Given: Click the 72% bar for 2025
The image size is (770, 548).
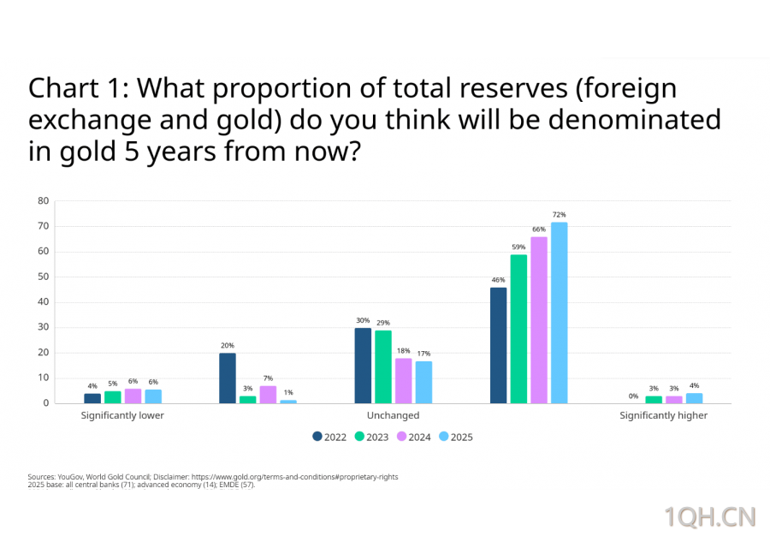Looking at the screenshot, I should (x=559, y=313).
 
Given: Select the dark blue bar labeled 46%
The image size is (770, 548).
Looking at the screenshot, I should (x=498, y=345).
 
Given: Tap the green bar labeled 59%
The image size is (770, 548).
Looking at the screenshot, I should (x=518, y=329).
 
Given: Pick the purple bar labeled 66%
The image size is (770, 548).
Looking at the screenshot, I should (x=539, y=320).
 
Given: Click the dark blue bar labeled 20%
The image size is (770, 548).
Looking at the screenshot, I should (x=227, y=378).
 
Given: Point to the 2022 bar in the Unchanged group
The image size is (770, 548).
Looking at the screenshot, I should (x=363, y=366).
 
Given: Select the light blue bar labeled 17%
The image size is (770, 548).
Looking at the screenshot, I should (x=423, y=382).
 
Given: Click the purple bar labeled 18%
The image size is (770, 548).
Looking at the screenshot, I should (x=403, y=380).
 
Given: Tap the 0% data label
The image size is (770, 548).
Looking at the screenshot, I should (x=633, y=396).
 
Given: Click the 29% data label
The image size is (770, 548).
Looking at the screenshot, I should (x=383, y=323).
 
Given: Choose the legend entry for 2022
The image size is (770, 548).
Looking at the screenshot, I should (x=329, y=437).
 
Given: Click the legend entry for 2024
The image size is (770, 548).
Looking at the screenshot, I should (x=413, y=437).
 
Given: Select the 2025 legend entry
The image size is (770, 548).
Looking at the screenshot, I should (x=455, y=437).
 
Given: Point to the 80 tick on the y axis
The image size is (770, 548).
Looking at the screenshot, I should (x=43, y=201).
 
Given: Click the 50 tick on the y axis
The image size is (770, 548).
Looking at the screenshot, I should (x=43, y=277).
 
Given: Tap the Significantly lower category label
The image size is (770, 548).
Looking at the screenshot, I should (x=122, y=415).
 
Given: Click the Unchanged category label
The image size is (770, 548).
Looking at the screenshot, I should (x=393, y=415).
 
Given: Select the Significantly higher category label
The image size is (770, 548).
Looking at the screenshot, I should (x=664, y=415).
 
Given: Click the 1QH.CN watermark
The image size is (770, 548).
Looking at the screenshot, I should (x=710, y=516).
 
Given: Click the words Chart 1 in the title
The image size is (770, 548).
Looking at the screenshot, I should (x=77, y=89).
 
